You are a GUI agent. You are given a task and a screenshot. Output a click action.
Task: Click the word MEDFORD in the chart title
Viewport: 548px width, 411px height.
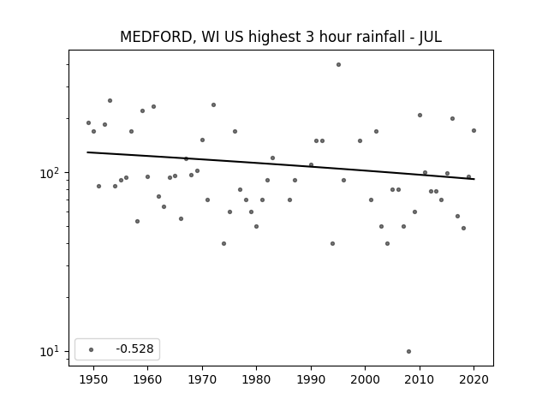click(x=156, y=37)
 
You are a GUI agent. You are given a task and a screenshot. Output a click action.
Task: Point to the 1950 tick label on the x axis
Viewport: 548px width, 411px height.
click(x=93, y=379)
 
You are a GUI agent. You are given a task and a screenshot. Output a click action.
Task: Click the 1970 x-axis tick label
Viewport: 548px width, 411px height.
click(x=202, y=379)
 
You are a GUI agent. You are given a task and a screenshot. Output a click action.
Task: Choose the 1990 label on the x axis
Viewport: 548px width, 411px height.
click(x=311, y=379)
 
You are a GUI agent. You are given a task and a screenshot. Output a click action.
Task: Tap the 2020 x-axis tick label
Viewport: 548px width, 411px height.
click(x=474, y=379)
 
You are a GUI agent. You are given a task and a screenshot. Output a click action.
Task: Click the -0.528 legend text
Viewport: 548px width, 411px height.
click(x=134, y=348)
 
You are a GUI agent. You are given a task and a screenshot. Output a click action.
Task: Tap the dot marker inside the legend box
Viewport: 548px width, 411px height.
click(x=92, y=349)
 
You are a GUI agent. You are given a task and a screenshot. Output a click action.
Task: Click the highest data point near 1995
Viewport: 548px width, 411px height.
click(x=338, y=65)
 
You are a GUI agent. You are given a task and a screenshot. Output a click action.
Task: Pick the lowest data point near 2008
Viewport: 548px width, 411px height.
click(x=408, y=351)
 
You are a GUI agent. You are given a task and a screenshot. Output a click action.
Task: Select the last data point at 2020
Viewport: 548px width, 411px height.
click(x=474, y=131)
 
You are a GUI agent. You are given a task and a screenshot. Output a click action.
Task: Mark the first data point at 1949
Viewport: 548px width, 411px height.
click(x=88, y=123)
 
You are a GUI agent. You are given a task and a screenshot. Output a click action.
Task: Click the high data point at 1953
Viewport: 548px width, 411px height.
click(x=110, y=101)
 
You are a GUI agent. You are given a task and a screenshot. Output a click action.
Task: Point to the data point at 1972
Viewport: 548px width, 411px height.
click(x=213, y=104)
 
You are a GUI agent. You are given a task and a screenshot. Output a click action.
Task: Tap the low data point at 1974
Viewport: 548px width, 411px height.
click(x=223, y=243)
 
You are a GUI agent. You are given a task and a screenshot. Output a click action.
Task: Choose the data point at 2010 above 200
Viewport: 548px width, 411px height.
click(x=420, y=115)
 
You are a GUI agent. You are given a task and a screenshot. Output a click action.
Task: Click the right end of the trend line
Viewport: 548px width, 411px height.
click(x=474, y=179)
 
